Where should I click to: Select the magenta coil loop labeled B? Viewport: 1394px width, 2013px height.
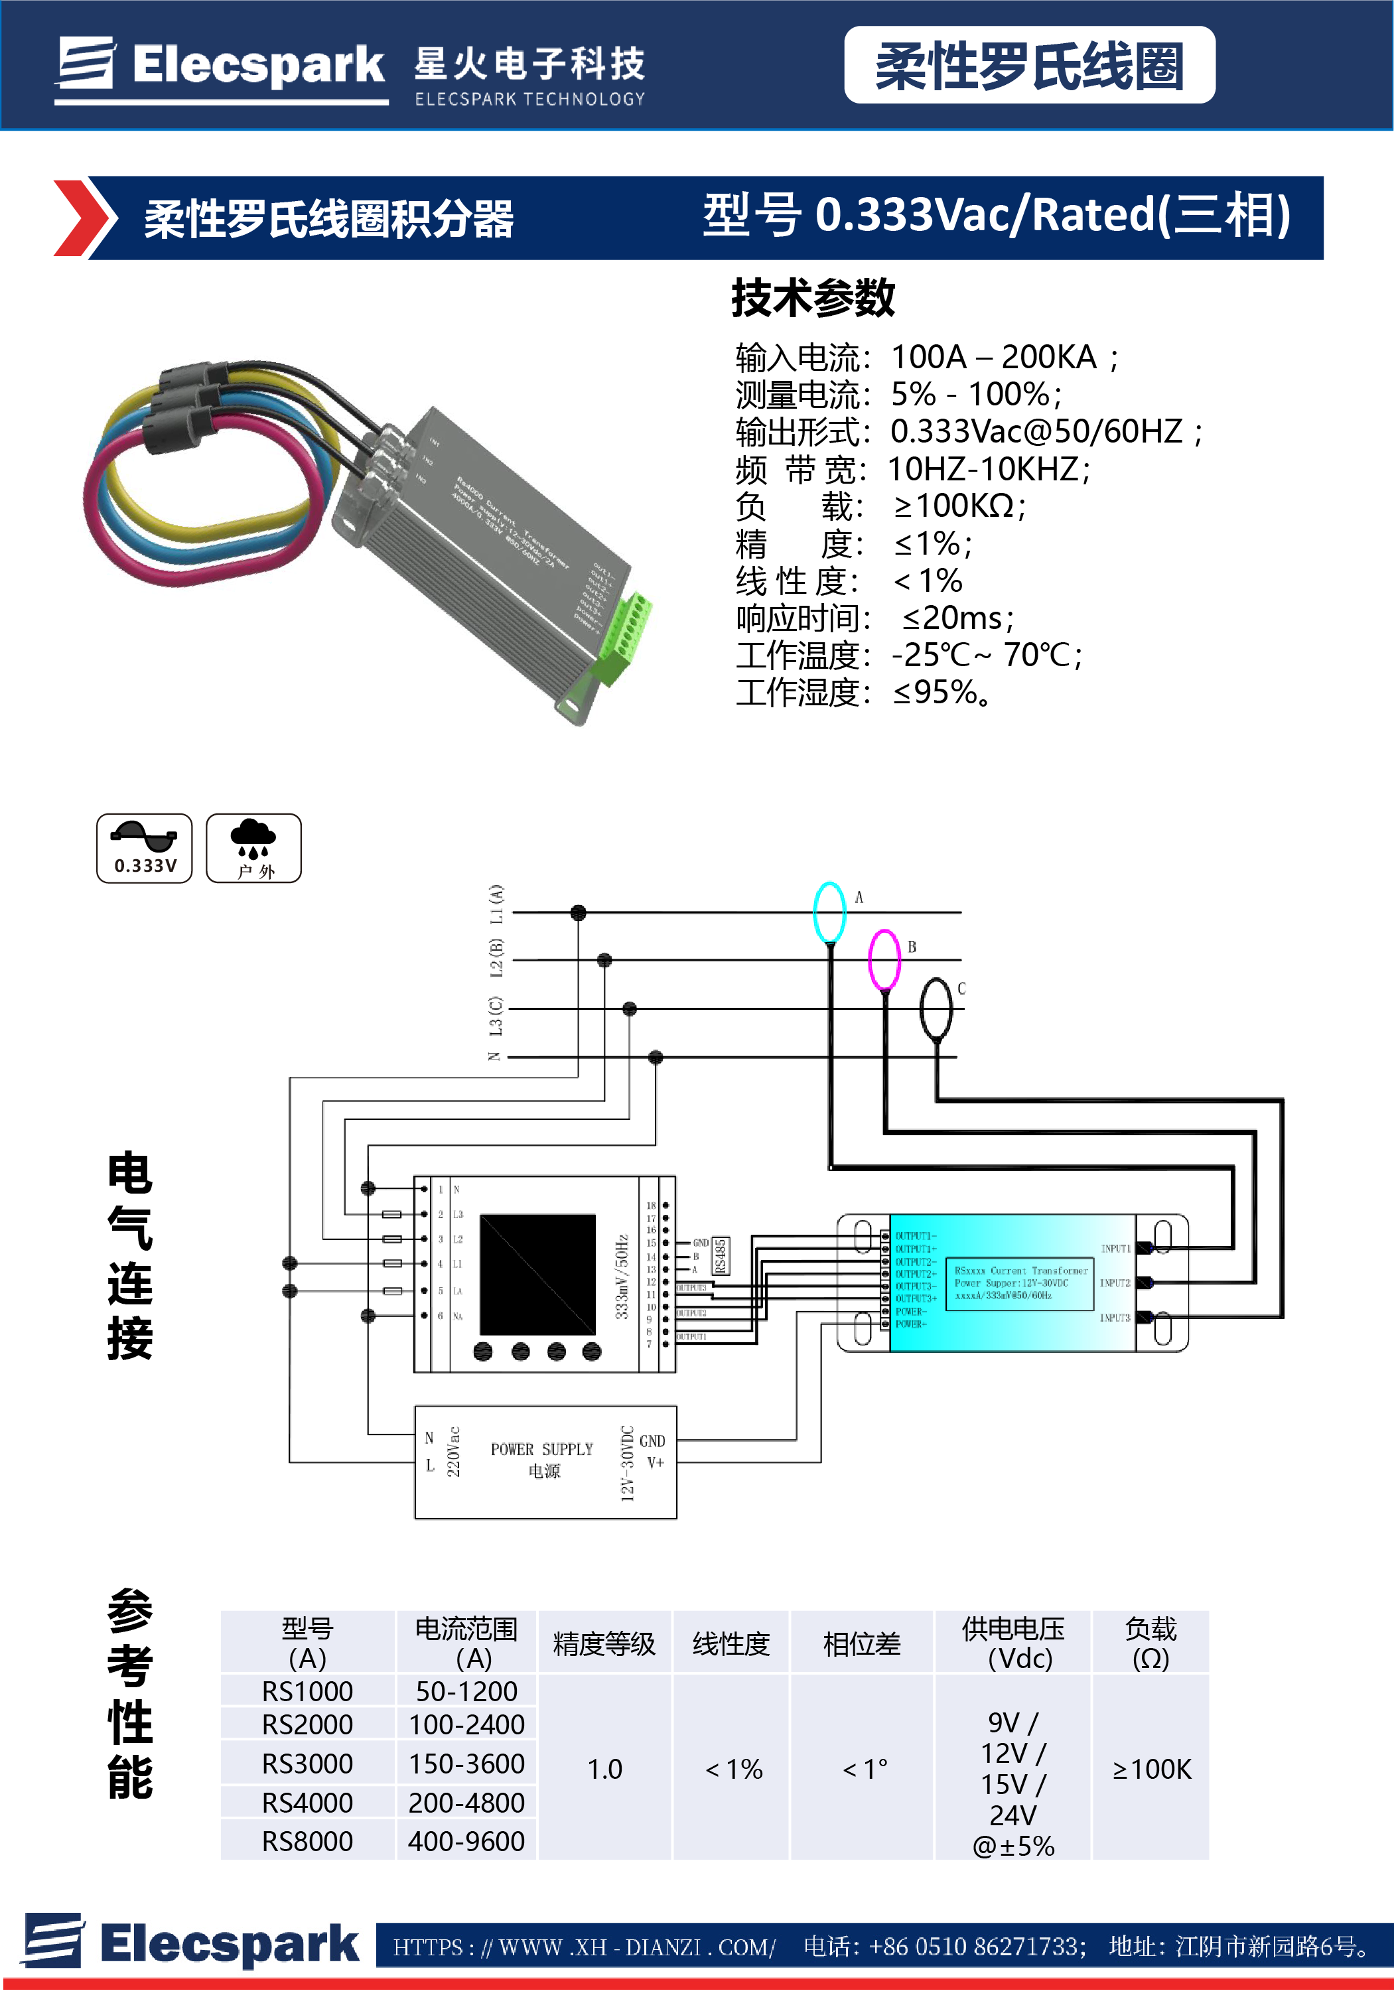884,959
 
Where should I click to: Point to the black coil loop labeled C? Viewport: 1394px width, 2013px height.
936,1008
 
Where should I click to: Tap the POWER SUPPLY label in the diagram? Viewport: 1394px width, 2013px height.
541,1449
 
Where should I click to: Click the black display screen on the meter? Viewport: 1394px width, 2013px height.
537,1273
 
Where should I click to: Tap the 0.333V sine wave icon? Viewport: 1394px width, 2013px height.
144,848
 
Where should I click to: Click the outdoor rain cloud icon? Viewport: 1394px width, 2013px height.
253,848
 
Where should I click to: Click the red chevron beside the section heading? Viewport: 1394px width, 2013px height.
83,218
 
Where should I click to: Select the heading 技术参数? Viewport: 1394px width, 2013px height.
812,298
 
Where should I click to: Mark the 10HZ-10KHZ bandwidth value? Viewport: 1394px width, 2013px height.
988,469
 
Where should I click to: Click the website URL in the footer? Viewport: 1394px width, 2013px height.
583,1947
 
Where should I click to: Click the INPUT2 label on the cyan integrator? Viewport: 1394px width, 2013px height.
1115,1283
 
